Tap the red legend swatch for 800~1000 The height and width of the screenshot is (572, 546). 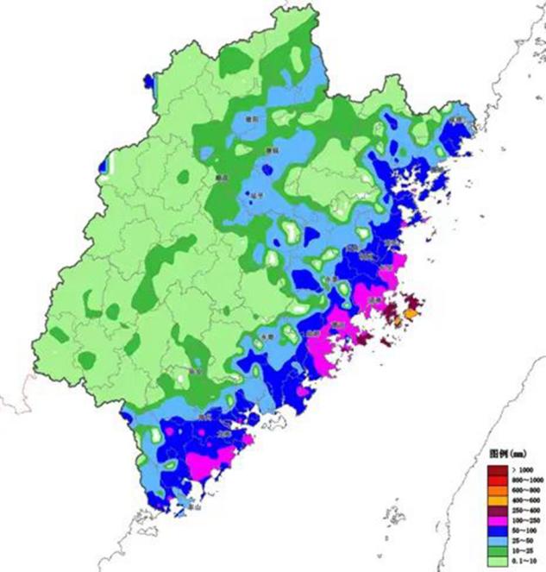point(495,479)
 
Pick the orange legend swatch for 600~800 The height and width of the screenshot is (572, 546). point(495,488)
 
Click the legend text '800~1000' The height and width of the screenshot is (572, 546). point(522,479)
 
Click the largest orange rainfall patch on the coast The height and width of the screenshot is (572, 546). point(411,317)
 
